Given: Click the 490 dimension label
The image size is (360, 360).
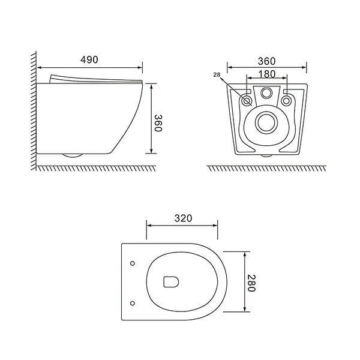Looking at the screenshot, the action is point(89,59).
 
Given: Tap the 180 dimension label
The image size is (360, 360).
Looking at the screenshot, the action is point(267,74).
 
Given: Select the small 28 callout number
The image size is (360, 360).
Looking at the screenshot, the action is point(217,74).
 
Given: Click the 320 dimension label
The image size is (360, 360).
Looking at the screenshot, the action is point(183,218).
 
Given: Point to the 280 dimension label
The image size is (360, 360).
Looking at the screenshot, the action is point(251,283).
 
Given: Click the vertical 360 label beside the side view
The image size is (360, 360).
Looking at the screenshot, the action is point(158,123).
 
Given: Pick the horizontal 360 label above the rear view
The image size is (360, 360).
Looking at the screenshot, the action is point(266,61).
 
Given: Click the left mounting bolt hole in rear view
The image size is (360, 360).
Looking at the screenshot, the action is point(247,101).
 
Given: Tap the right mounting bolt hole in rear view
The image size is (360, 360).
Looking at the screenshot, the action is point(286,101).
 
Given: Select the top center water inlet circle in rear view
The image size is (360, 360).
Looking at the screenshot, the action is point(266,92).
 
